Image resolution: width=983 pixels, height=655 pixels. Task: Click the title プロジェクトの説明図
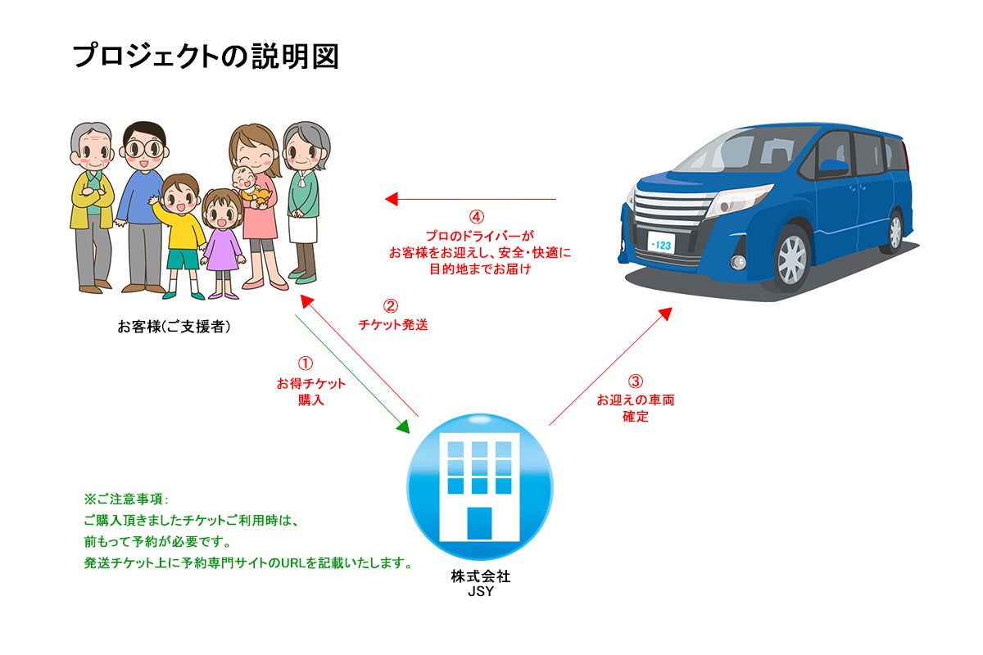(x=205, y=56)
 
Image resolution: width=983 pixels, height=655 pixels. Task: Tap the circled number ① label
(x=305, y=363)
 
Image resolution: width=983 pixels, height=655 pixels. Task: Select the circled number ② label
(x=392, y=306)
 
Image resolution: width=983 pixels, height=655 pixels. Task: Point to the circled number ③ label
(x=636, y=382)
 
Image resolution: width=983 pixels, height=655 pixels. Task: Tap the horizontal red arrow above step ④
(x=471, y=199)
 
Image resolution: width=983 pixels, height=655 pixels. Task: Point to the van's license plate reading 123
(x=660, y=243)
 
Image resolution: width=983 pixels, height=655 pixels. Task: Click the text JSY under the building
(x=480, y=591)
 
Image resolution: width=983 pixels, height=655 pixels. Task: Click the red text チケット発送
(x=392, y=324)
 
